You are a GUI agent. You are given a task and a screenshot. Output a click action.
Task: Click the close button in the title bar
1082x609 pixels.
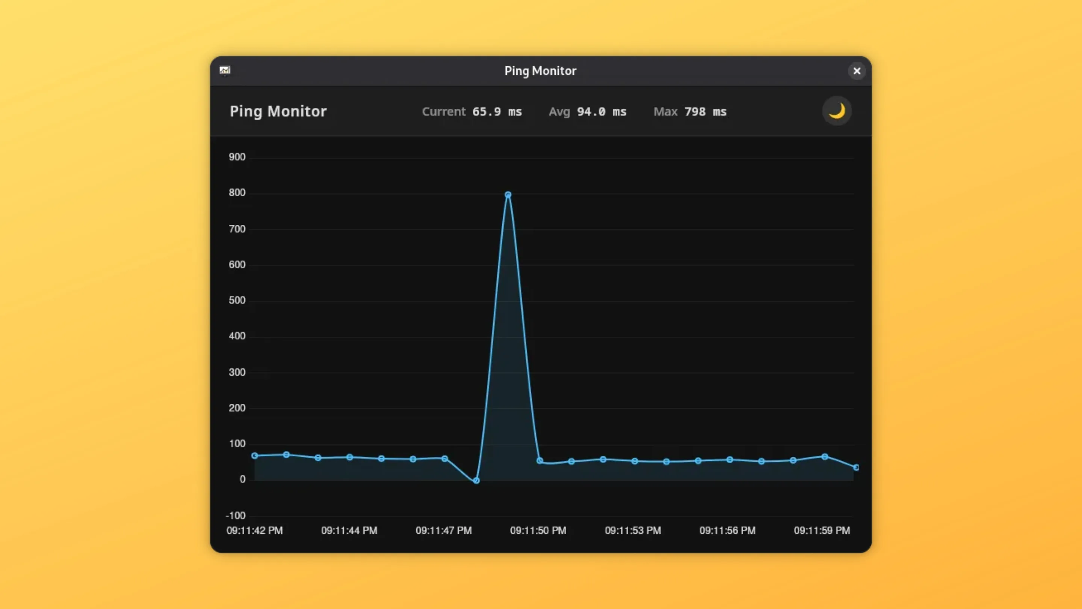[857, 71]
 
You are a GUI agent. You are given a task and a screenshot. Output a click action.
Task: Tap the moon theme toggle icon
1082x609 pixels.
[836, 111]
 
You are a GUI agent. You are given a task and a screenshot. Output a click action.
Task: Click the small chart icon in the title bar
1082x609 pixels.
[225, 70]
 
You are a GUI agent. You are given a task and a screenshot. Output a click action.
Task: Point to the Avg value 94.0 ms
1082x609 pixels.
[601, 112]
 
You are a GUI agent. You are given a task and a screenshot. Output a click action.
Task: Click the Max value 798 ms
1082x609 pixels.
[705, 112]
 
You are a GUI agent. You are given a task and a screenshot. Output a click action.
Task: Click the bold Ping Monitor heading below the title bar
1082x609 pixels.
[278, 111]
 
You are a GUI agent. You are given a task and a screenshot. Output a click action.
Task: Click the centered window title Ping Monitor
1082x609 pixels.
[540, 71]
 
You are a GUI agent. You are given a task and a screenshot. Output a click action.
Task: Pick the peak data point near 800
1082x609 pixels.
[508, 195]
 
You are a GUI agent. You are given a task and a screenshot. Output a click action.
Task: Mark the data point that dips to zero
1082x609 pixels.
[476, 480]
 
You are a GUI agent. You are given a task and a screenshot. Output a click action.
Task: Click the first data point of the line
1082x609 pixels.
[255, 456]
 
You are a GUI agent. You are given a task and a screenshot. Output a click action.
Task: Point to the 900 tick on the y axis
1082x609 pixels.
[237, 157]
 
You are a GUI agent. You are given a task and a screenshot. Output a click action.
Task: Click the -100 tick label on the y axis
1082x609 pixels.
[235, 516]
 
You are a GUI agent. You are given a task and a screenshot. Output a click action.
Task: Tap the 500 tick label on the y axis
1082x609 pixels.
[237, 300]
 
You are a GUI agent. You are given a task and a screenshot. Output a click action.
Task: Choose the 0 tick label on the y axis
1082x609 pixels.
[242, 480]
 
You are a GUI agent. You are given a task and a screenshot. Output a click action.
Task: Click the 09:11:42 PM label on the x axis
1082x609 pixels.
[255, 531]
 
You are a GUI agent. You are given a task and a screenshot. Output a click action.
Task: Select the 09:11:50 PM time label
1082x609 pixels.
[538, 531]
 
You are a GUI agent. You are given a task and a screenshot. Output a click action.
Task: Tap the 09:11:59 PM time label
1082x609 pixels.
[822, 531]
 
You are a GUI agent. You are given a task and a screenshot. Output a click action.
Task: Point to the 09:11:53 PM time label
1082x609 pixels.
[633, 531]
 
